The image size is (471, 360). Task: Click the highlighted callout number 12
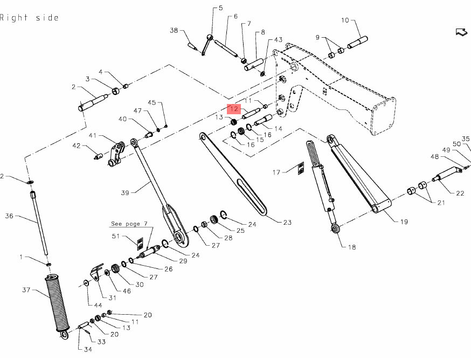tap(234, 109)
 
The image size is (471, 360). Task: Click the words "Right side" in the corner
tap(29, 18)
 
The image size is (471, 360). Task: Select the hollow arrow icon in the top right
tap(461, 32)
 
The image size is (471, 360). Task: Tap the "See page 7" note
tap(128, 223)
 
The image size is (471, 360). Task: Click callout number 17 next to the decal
tap(276, 172)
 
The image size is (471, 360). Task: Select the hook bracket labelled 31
tap(96, 274)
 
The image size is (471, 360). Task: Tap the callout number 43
tap(278, 40)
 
